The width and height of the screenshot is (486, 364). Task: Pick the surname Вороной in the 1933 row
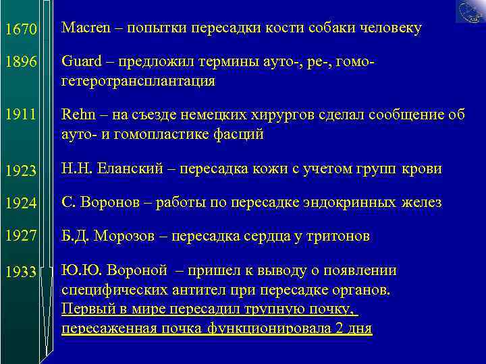[x=133, y=271]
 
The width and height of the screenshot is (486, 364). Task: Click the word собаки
[x=326, y=28]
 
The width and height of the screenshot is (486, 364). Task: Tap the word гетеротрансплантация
[x=138, y=82]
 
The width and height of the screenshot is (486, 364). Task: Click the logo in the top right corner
[x=470, y=11]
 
